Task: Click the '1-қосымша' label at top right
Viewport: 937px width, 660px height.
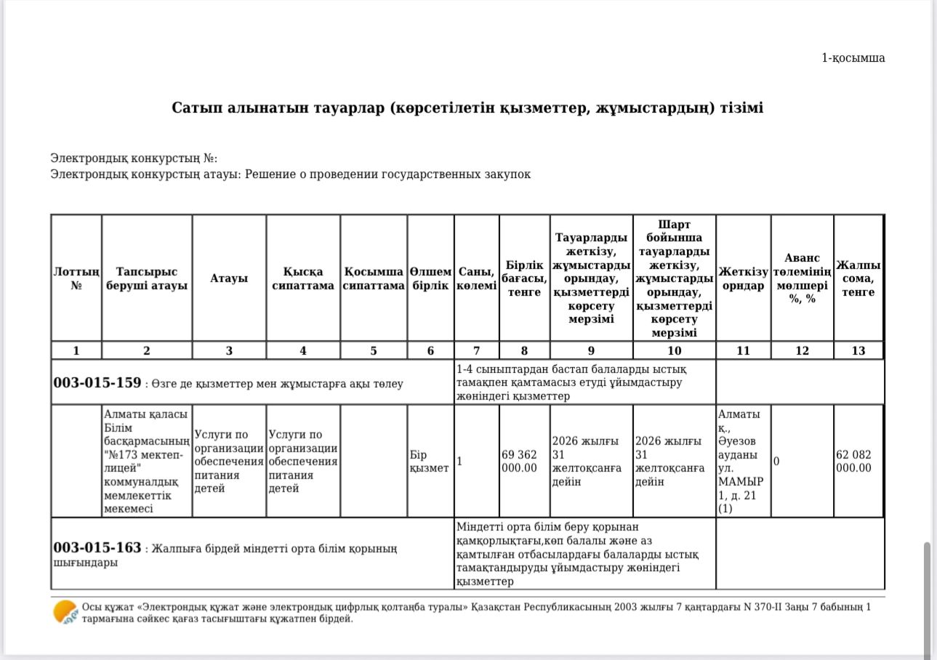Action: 853,58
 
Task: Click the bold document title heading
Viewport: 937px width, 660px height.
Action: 467,108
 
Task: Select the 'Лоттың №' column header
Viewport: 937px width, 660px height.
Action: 76,278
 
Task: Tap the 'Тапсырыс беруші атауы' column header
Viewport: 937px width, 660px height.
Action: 147,278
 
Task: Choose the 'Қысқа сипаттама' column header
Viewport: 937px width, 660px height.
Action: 302,278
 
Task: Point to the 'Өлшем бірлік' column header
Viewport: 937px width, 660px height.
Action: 430,278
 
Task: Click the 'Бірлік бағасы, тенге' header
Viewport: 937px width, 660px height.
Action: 524,278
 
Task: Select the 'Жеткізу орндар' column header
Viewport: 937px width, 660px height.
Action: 743,278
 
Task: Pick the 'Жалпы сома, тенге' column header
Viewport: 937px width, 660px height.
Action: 858,278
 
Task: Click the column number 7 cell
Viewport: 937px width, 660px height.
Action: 476,350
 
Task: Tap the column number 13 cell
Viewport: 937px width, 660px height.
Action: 858,350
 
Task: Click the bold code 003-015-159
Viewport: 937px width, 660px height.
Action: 97,382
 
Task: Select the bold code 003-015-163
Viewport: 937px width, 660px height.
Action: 97,547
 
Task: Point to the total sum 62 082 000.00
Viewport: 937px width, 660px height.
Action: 854,461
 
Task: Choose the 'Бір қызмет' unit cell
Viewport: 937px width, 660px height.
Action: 429,461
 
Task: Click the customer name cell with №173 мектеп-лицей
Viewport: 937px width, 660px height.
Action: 146,461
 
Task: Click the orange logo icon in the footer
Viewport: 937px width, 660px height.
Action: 65,612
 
